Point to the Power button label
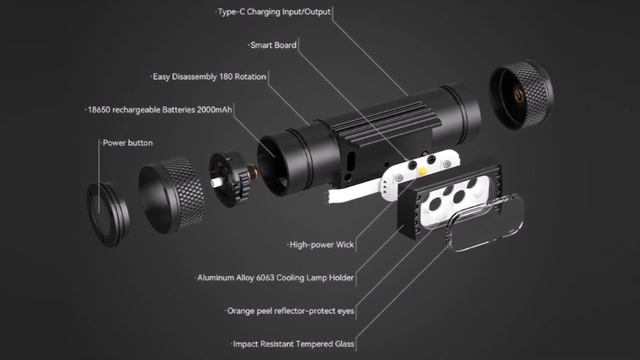point(128,143)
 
